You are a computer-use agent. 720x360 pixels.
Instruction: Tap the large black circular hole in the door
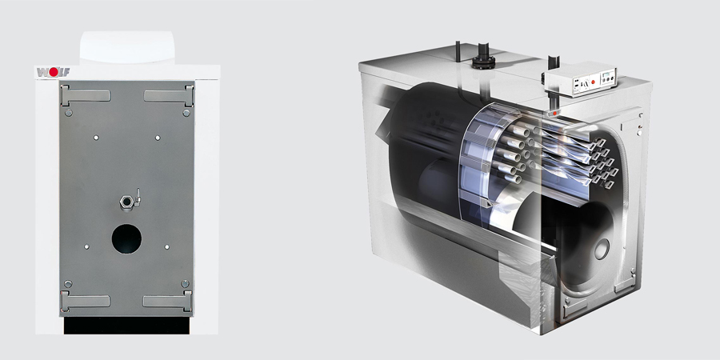tap(126, 238)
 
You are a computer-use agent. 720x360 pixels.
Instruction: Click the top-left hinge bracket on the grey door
tap(85, 95)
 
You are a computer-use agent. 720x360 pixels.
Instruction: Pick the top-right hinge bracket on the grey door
tap(169, 95)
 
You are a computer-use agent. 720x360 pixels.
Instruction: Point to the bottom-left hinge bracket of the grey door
tap(85, 301)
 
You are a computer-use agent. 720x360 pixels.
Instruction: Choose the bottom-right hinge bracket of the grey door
tap(168, 301)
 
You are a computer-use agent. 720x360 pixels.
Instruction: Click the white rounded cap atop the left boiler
tap(127, 48)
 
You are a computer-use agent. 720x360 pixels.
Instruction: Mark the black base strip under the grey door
tap(126, 325)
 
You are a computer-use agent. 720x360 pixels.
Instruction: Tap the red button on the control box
tap(593, 81)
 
